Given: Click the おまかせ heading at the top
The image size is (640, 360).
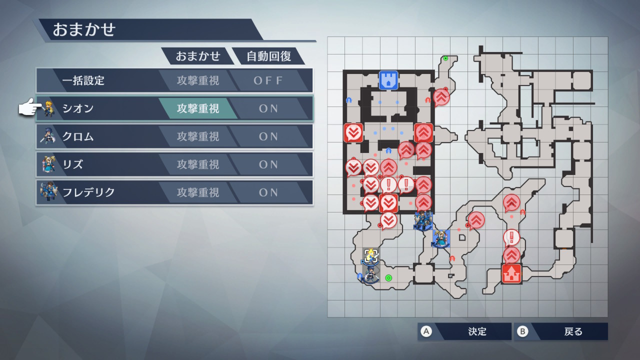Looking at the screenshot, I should point(84,29).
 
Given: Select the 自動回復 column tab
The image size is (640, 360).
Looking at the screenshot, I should point(268,56).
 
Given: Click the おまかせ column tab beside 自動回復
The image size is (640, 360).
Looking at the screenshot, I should point(197,56).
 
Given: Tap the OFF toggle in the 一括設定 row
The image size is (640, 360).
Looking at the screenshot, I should point(268,80).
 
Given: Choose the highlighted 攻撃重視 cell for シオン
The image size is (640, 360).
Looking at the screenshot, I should point(197,108).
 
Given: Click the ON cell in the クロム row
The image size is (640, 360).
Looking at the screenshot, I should point(268,136).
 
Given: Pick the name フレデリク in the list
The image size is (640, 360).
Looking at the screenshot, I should point(88,192).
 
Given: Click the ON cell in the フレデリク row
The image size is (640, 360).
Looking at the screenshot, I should point(268,192).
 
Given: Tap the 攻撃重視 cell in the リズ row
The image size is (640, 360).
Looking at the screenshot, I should point(197,164).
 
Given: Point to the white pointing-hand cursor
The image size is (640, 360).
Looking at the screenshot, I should point(30,107).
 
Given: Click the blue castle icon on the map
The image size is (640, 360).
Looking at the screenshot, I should point(388,80).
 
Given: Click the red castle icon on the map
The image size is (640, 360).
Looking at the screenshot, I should point(511,273).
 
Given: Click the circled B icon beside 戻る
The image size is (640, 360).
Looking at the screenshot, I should point(522,331).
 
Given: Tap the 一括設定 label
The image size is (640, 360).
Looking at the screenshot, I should point(83,80).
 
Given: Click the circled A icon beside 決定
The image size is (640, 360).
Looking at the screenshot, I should point(426,331).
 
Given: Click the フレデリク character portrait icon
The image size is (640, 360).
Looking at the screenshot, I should point(48,191).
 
